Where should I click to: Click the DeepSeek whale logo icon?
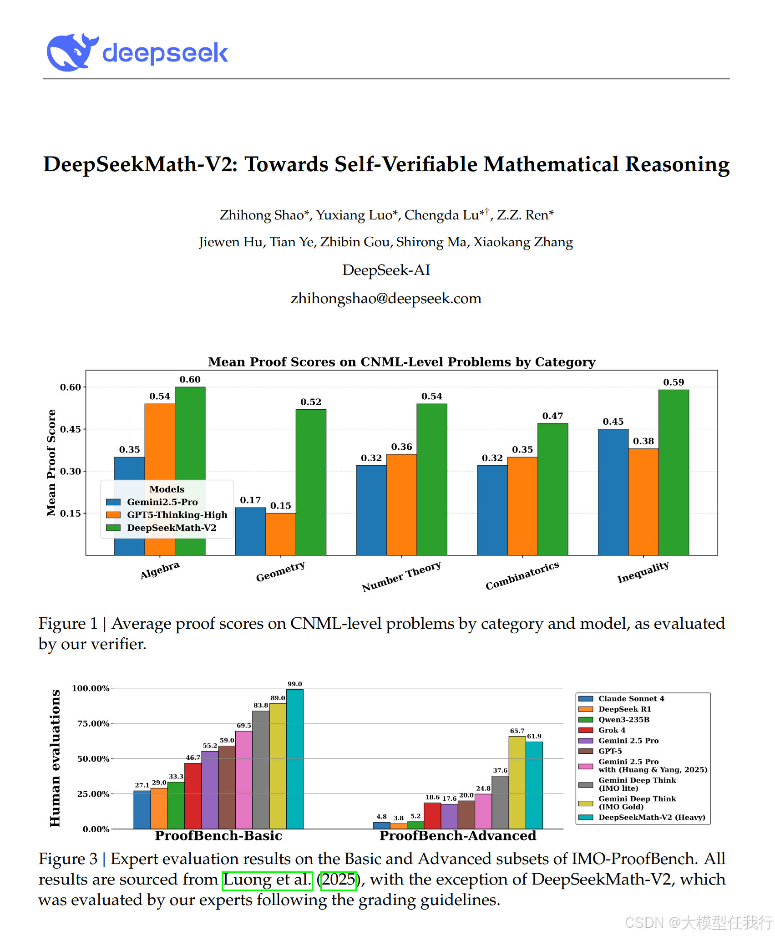pos(72,52)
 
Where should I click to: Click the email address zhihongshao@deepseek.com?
pos(386,299)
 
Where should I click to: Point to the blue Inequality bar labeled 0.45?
pos(613,492)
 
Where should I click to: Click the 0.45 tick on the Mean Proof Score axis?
pos(71,429)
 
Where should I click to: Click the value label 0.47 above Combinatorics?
pos(552,416)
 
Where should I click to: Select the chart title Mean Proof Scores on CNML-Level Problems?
pos(401,362)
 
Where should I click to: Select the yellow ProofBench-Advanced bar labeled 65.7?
pos(517,783)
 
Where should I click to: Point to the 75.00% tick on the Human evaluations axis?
pos(93,723)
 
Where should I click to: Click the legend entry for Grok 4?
pos(611,730)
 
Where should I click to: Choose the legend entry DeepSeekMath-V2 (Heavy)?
pos(651,817)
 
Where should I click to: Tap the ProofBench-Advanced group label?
pos(458,836)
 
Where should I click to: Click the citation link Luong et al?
pos(267,880)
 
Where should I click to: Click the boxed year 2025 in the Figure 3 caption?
pos(338,880)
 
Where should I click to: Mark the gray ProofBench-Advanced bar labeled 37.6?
pos(500,802)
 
